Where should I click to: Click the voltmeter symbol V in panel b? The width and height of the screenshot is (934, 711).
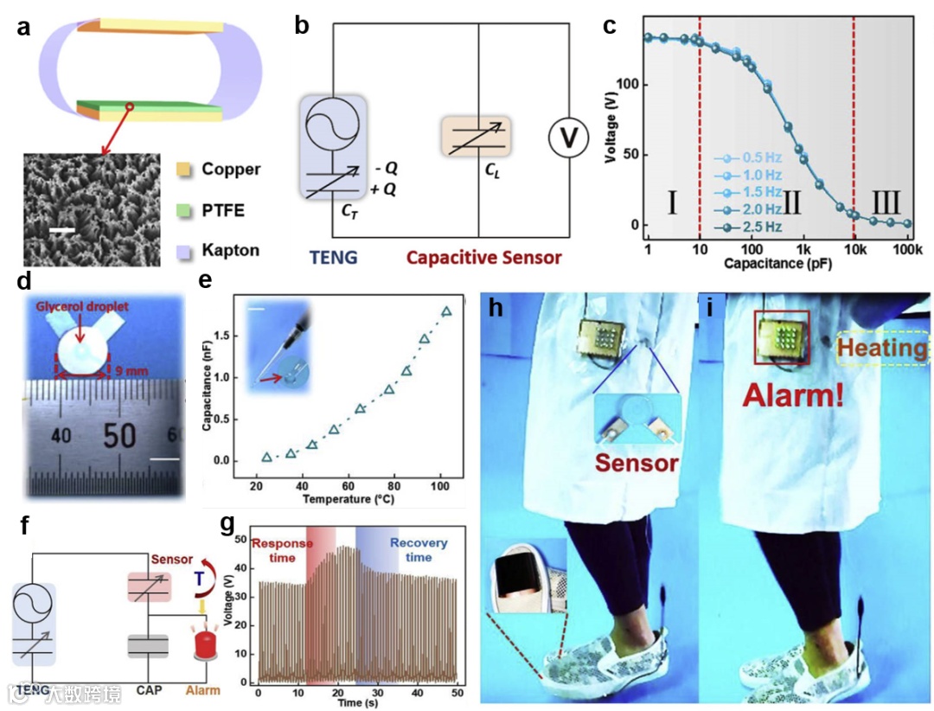coord(568,138)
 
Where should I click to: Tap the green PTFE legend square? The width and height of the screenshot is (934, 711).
coord(182,210)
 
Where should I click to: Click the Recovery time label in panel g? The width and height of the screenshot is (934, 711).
coord(419,551)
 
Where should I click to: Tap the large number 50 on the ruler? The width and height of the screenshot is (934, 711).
coord(118,436)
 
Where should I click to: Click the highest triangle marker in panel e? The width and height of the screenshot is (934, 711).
coord(446,311)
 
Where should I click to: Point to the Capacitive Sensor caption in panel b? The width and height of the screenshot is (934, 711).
coord(484,257)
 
